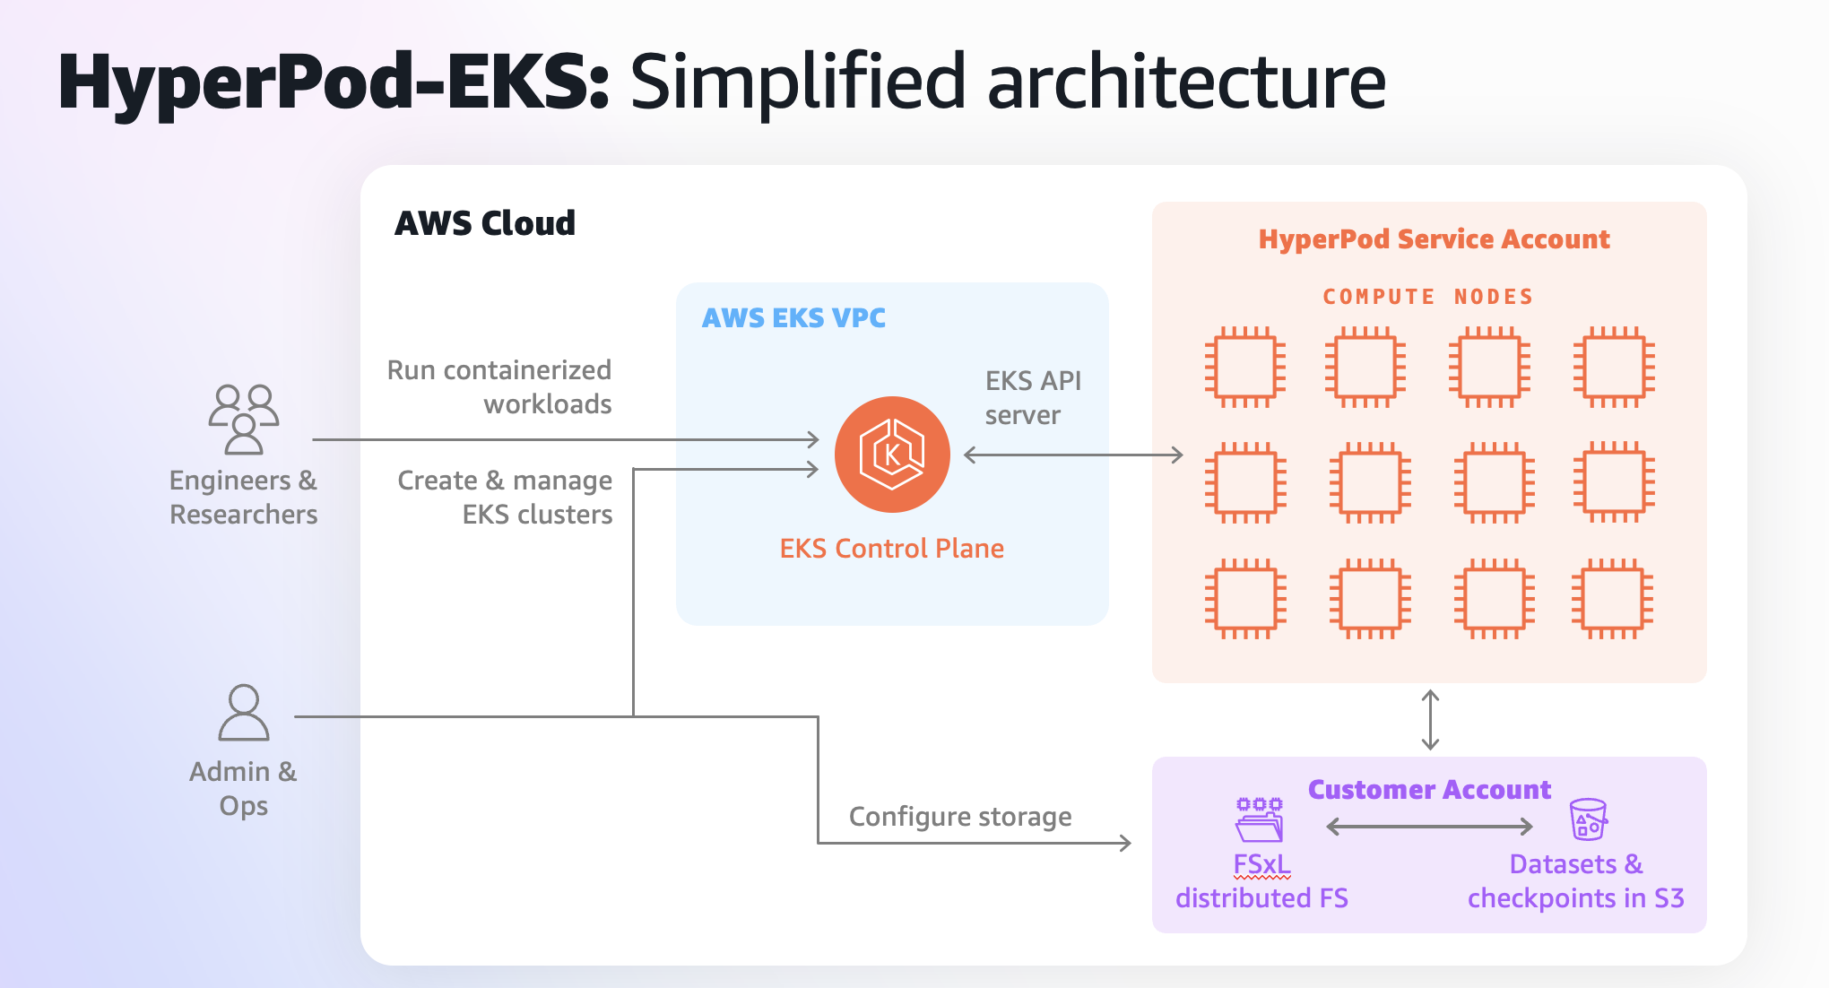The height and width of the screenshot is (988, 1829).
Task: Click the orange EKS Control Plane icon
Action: (892, 455)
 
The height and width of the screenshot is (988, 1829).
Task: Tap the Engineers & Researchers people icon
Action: (244, 420)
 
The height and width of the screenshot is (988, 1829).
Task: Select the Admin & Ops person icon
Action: (244, 713)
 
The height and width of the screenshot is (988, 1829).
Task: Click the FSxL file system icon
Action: (1260, 819)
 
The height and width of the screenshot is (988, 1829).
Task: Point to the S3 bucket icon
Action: (1588, 819)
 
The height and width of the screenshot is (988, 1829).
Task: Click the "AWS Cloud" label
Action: (485, 223)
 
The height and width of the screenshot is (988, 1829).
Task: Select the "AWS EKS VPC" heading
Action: (793, 318)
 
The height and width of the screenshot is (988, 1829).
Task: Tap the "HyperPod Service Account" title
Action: (1434, 239)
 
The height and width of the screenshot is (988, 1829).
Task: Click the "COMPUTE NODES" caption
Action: (1428, 297)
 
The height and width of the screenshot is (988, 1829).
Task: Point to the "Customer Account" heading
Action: (1429, 790)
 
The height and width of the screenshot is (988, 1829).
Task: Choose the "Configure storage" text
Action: (960, 817)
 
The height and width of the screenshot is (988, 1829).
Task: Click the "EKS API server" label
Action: (1033, 398)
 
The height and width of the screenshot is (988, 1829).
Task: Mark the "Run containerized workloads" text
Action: (499, 387)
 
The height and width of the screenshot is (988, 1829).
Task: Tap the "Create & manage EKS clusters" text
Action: (505, 498)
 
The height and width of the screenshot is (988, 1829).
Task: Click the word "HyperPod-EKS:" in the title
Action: (334, 82)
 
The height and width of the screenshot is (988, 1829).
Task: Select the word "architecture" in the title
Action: (1186, 82)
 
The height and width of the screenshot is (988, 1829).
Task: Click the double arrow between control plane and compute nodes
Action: (1073, 455)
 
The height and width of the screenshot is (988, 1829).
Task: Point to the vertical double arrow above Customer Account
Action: (1430, 720)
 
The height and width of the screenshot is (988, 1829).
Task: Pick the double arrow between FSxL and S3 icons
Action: (1429, 827)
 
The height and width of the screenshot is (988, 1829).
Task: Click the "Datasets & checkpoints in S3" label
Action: (1575, 881)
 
